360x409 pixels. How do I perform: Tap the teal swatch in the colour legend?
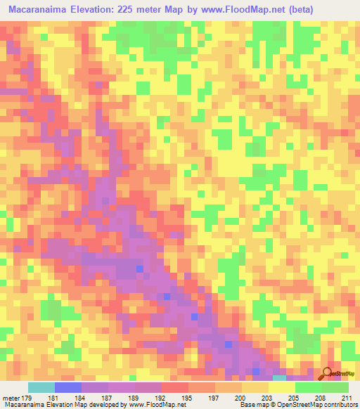coord(41,388)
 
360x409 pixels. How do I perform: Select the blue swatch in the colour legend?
coord(68,388)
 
